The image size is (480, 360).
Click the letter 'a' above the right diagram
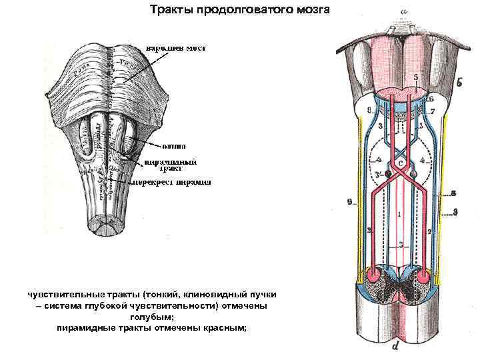point(403,11)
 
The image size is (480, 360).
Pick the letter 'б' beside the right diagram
point(462,84)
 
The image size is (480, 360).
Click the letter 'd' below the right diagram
point(397,346)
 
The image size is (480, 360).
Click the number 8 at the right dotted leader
point(453,194)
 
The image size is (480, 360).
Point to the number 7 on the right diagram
point(432,110)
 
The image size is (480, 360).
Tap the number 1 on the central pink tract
point(399,214)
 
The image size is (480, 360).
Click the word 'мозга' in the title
point(311,10)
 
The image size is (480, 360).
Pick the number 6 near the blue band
point(431,98)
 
